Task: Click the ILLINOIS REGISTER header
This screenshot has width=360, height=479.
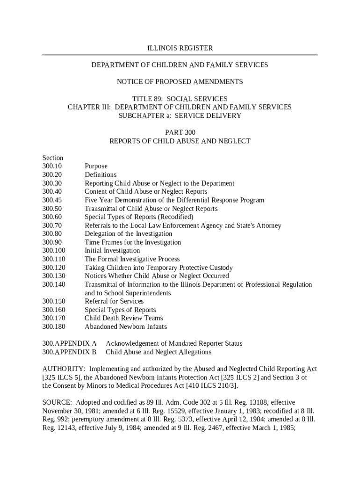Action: click(x=180, y=48)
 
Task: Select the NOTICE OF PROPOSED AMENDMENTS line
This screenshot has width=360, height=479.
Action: click(x=180, y=82)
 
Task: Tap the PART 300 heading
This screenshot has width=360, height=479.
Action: click(x=180, y=132)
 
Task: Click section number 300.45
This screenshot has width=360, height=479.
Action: click(x=52, y=200)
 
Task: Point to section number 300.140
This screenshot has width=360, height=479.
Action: click(x=54, y=284)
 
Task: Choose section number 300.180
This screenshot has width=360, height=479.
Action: click(x=54, y=327)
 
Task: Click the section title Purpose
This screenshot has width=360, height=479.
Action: click(x=96, y=167)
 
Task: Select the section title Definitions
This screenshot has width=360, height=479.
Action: click(x=101, y=175)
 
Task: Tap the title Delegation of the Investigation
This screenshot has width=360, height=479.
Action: click(x=128, y=234)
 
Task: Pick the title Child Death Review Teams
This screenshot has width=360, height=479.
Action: click(x=123, y=318)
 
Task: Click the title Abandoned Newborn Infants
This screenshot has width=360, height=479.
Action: click(x=125, y=327)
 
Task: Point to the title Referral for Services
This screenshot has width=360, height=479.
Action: click(x=114, y=301)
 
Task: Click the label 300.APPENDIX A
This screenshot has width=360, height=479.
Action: click(x=69, y=343)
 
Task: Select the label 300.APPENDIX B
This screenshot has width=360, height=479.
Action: click(x=69, y=352)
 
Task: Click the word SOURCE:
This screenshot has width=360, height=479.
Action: click(x=58, y=403)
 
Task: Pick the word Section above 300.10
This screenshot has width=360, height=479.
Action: click(x=52, y=158)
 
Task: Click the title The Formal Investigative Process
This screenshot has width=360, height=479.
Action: click(x=132, y=259)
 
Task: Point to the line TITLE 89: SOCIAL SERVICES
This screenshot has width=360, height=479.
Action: click(x=180, y=99)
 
